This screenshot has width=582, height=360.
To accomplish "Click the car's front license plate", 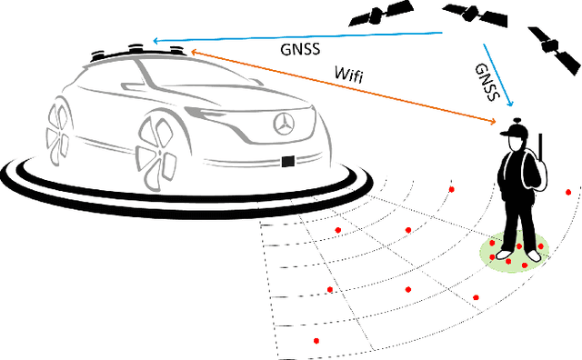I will [288, 162].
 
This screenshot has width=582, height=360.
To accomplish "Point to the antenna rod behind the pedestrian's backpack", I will [540, 151].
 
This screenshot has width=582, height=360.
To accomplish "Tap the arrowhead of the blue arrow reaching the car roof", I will [156, 42].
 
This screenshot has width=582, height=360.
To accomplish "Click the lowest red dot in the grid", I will [316, 341].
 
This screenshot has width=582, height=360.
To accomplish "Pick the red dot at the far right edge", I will [569, 192].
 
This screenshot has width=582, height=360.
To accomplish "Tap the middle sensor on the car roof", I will [137, 45].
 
